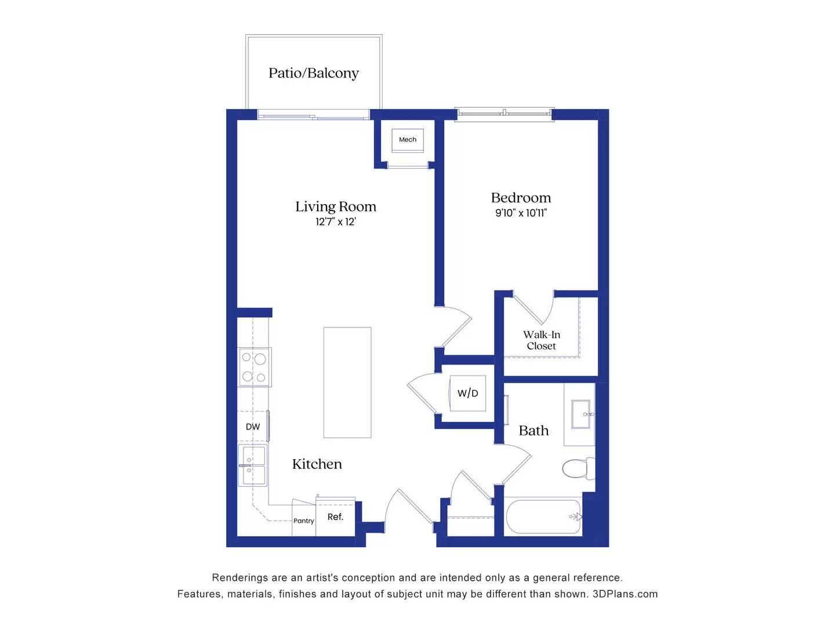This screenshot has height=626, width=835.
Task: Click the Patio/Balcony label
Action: pos(313,73)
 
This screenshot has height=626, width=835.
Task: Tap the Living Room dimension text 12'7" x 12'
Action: pos(335,222)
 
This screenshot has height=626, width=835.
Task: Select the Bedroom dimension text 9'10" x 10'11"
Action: pos(521,213)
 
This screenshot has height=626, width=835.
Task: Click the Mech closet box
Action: pos(408,140)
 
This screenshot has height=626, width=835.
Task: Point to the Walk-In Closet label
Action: pos(541,340)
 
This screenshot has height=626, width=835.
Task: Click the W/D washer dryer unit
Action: pos(468,393)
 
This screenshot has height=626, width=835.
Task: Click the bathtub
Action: pos(543,516)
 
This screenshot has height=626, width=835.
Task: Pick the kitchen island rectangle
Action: pos(347,383)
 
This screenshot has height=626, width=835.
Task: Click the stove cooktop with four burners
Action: pos(255,367)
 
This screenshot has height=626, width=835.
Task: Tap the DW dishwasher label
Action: pos(253,427)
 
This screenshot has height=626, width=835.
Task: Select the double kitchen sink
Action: pos(253,465)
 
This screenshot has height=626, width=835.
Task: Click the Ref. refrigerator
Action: pos(335,517)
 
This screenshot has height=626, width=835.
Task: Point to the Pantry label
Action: pos(303,521)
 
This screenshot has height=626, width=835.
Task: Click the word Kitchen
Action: pos(317,464)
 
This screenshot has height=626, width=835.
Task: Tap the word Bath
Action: pos(533,431)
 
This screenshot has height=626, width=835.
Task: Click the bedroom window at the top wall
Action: pos(504,114)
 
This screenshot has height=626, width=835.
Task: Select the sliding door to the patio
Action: pos(313,116)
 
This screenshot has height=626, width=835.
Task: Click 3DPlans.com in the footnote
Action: pos(625,594)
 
